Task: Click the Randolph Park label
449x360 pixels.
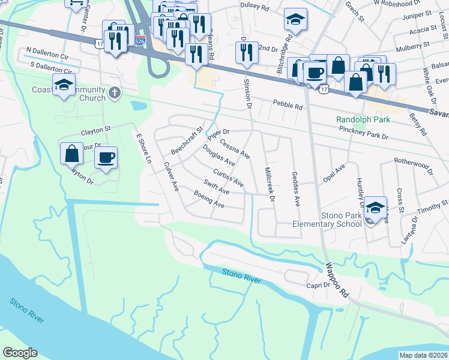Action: click(x=363, y=119)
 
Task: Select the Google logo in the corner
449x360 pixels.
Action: click(x=20, y=353)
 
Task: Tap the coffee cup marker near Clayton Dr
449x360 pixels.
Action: click(x=106, y=158)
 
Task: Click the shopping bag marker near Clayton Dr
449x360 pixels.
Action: click(x=71, y=154)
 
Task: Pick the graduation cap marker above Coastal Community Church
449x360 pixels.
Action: click(x=64, y=85)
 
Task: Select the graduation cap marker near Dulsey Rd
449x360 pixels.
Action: click(x=295, y=20)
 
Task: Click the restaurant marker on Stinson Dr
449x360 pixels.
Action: click(x=246, y=53)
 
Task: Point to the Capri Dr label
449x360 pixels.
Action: click(x=318, y=286)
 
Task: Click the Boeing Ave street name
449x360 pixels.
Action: click(x=209, y=199)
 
